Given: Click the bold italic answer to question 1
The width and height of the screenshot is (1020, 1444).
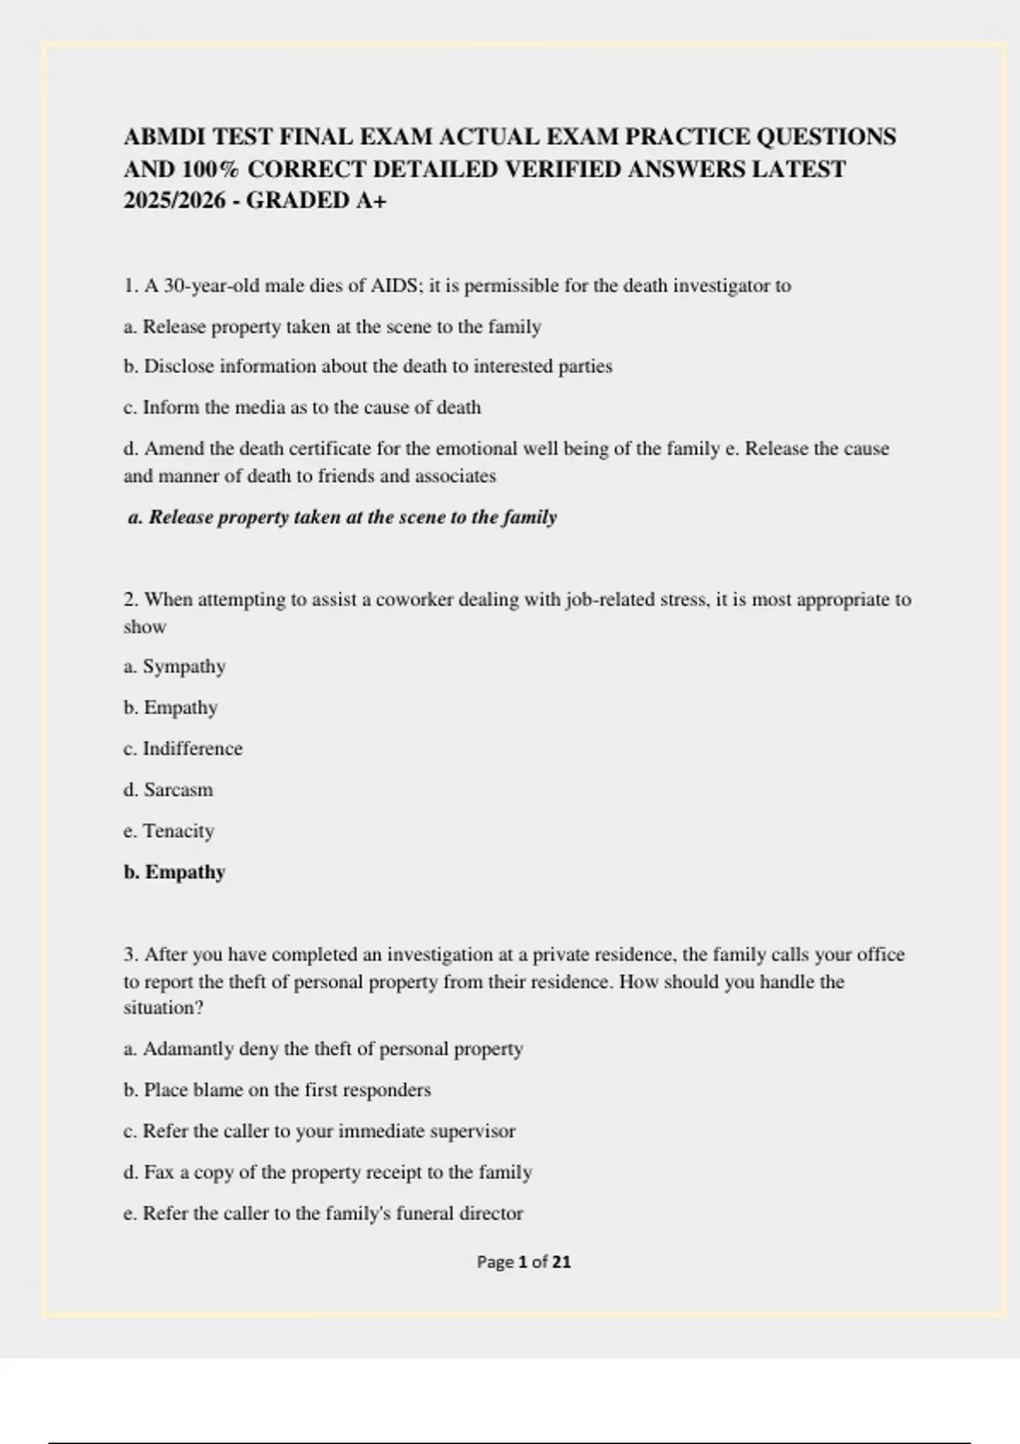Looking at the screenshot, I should click(x=342, y=517).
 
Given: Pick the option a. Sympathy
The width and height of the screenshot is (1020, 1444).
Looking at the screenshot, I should click(x=174, y=667).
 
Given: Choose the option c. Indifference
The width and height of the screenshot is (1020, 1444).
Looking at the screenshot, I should click(x=183, y=749).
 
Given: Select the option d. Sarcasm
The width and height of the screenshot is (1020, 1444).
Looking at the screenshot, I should click(x=168, y=790).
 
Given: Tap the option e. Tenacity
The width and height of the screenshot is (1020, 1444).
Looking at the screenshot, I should click(x=168, y=831).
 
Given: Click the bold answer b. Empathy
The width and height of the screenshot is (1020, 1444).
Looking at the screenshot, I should click(x=174, y=872).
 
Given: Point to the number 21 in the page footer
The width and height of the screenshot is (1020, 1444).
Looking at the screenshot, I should click(x=561, y=1262).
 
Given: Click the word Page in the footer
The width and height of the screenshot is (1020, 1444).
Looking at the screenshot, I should click(x=495, y=1262).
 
